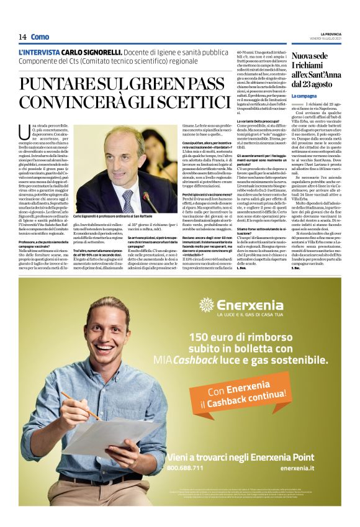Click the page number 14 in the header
coord(22,37)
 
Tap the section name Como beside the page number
coord(40,37)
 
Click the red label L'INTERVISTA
coord(39,53)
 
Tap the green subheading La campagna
coord(304,96)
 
